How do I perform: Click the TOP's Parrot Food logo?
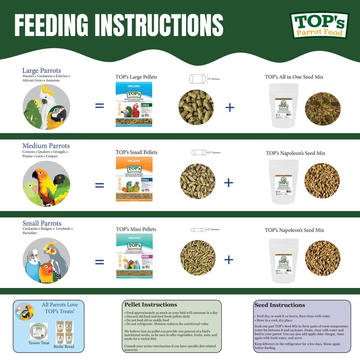pyautogui.click(x=319, y=25)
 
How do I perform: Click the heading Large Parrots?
pyautogui.click(x=41, y=71)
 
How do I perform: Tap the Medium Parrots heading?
pyautogui.click(x=46, y=146)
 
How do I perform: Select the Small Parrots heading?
pyautogui.click(x=42, y=223)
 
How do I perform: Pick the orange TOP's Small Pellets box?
pyautogui.click(x=134, y=179)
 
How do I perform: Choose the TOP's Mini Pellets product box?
pyautogui.click(x=134, y=255)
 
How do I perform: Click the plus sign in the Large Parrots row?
pyautogui.click(x=229, y=107)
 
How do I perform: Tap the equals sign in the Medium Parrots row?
pyautogui.click(x=99, y=184)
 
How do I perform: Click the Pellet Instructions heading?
pyautogui.click(x=150, y=305)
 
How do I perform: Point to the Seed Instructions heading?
pyautogui.click(x=279, y=305)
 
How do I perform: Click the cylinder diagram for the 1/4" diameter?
pyautogui.click(x=196, y=79)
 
